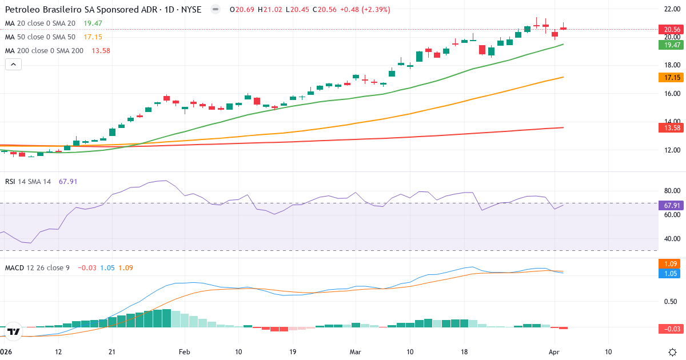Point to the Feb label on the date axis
pos(184,352)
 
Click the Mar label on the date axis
pos(356,352)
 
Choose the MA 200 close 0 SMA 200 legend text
pos(44,51)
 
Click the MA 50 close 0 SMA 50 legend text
pos(40,37)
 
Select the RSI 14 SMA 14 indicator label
pos(28,181)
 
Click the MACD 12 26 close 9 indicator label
pos(37,267)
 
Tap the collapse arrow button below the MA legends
pos(13,65)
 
